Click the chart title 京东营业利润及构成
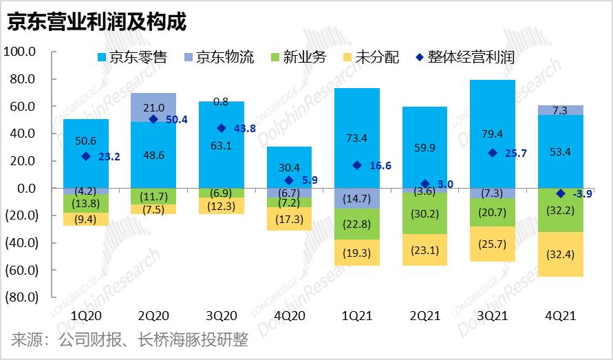(x=96, y=21)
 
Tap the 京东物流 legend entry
(x=218, y=57)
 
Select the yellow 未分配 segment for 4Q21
(x=560, y=254)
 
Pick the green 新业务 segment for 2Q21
(x=424, y=214)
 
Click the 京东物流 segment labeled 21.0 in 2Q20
(x=153, y=107)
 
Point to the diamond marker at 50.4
(x=153, y=119)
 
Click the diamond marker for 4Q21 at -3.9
(x=560, y=193)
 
